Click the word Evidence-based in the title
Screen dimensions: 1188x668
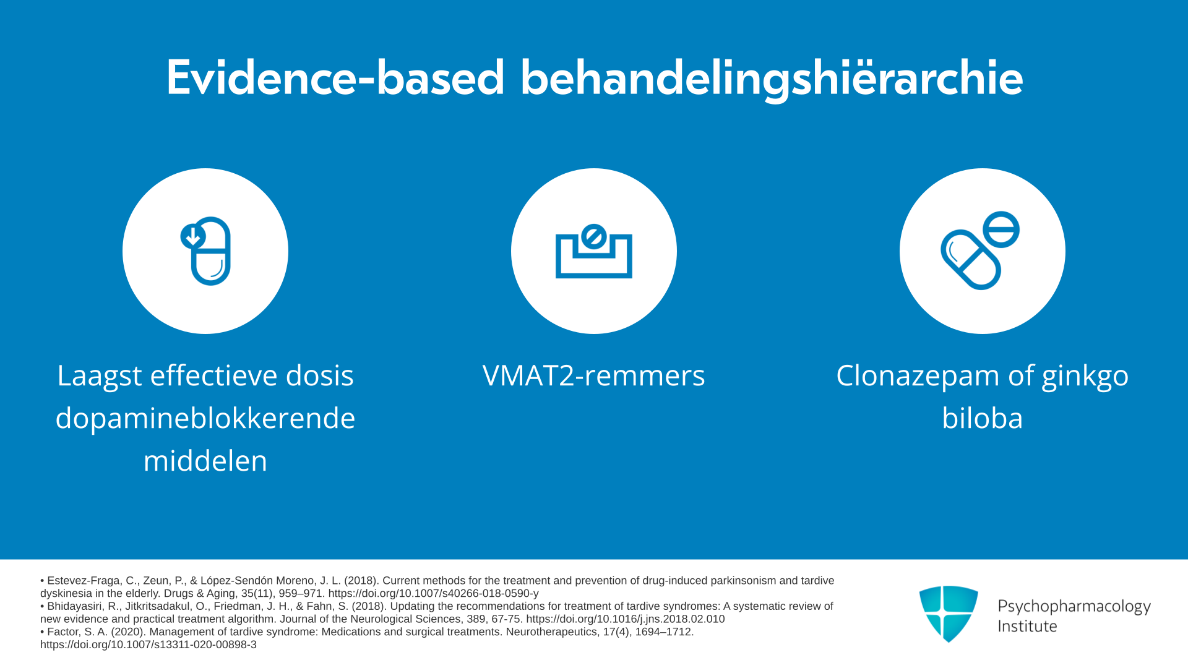(x=335, y=78)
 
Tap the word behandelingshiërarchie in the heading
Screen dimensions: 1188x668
(x=772, y=79)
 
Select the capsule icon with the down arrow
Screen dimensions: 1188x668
(x=206, y=250)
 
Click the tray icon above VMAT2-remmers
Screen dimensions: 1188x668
(x=594, y=250)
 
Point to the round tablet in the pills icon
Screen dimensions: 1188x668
(x=1001, y=229)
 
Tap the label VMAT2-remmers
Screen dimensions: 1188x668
(x=594, y=375)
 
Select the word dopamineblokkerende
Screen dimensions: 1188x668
(x=205, y=418)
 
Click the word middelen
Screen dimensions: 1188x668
(x=205, y=461)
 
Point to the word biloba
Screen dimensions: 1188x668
(x=983, y=418)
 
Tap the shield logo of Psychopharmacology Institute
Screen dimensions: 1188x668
(x=949, y=614)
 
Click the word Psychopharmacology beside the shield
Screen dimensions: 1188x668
(x=1074, y=606)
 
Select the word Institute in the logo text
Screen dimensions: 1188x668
(x=1027, y=626)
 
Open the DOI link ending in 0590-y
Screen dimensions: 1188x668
(x=433, y=593)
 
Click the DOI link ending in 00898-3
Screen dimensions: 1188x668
(x=148, y=644)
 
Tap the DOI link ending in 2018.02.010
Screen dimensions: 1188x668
(x=626, y=619)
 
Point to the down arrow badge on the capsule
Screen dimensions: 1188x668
(x=193, y=236)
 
